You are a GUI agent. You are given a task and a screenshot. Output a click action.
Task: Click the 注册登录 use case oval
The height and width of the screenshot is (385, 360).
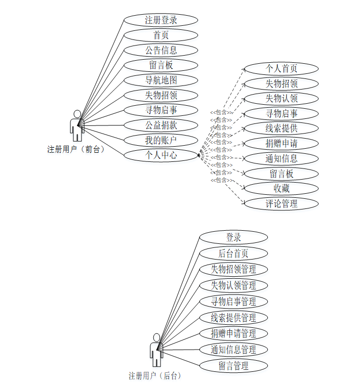[x=161, y=20]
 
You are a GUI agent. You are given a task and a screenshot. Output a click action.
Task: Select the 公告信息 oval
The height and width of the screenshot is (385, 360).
[x=161, y=50]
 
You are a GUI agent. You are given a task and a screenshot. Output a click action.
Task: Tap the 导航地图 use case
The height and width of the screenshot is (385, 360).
[x=161, y=80]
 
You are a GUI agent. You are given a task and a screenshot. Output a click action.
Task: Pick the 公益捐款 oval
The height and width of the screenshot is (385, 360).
[x=161, y=125]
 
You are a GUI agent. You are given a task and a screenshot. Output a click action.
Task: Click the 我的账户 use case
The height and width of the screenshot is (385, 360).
[x=161, y=140]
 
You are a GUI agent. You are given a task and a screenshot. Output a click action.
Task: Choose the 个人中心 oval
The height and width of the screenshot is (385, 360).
[x=161, y=155]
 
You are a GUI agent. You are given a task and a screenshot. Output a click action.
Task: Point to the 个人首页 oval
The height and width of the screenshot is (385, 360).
[x=281, y=68]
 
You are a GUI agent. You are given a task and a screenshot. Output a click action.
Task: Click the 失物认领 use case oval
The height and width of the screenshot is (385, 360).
[x=281, y=98]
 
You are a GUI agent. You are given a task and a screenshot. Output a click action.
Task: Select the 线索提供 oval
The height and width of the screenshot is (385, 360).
[x=281, y=128]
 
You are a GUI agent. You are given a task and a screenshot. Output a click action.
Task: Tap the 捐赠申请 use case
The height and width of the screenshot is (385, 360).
[x=281, y=143]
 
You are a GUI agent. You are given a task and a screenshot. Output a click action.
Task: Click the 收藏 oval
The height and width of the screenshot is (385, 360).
[x=281, y=189]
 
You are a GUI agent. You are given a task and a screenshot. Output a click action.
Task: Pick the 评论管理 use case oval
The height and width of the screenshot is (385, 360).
[x=281, y=204]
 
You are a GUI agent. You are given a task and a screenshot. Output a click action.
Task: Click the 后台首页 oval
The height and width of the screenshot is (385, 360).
[x=233, y=253]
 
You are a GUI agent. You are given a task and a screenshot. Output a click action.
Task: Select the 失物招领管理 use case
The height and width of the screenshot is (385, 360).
[x=233, y=269]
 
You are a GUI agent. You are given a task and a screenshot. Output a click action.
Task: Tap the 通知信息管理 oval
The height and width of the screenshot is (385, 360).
[x=233, y=350]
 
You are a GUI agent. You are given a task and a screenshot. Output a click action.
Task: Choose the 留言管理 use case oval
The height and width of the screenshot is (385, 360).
[x=233, y=365]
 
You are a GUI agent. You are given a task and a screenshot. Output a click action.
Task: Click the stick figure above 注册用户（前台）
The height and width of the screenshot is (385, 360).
[x=77, y=125]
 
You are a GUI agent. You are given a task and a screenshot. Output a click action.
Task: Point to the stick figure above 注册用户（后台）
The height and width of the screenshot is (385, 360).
[x=156, y=350]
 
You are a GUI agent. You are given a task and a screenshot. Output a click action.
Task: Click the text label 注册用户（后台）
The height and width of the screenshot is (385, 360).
[x=154, y=376]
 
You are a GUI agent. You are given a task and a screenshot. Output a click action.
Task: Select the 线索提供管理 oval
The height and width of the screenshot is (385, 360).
[x=233, y=318]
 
